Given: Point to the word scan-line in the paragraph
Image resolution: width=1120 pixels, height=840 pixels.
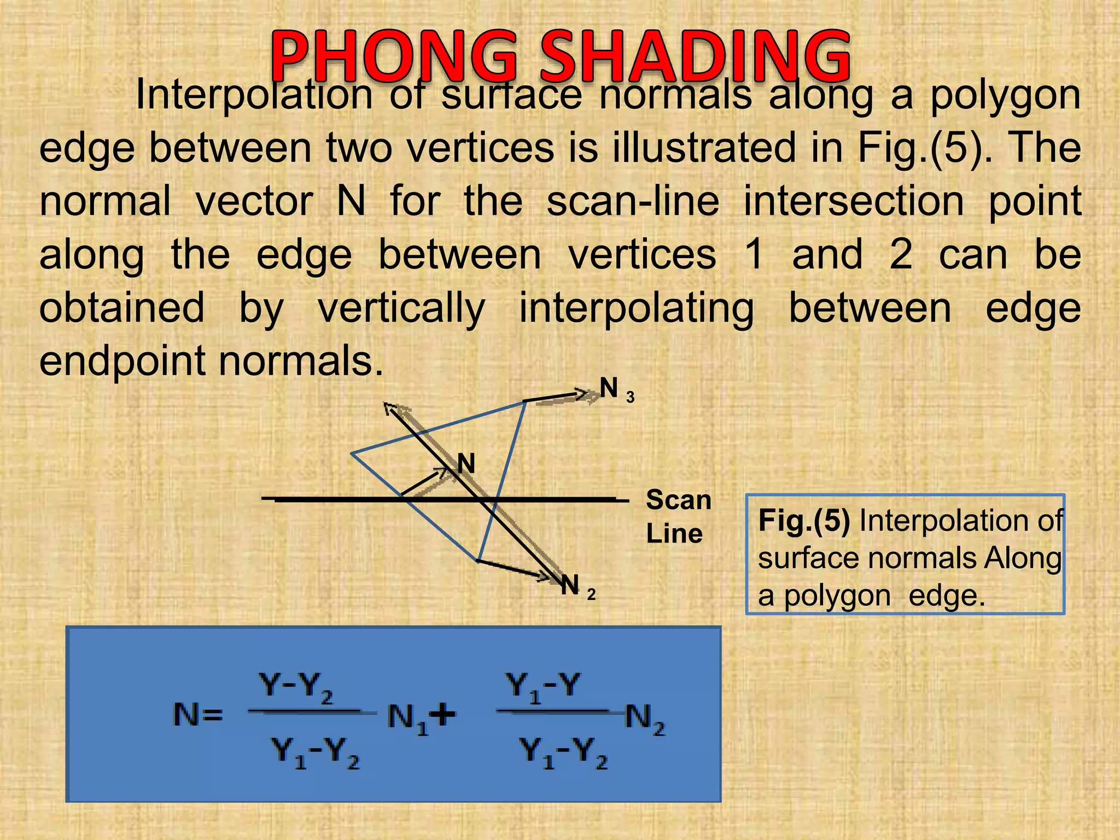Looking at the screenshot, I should (x=633, y=201).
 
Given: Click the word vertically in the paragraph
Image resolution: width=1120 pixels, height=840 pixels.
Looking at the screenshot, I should (x=401, y=308).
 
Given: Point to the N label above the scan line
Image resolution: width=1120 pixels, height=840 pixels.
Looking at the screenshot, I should (x=466, y=464).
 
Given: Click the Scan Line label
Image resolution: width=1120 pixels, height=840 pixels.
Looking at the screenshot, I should (x=678, y=517).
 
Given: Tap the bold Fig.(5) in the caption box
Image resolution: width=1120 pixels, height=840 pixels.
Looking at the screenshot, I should (x=803, y=521).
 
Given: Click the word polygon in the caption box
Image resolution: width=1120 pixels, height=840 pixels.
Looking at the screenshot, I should (x=837, y=596).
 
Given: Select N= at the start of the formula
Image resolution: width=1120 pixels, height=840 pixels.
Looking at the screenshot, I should (x=198, y=715).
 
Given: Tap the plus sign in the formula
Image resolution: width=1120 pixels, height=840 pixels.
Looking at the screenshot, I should (x=443, y=714).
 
